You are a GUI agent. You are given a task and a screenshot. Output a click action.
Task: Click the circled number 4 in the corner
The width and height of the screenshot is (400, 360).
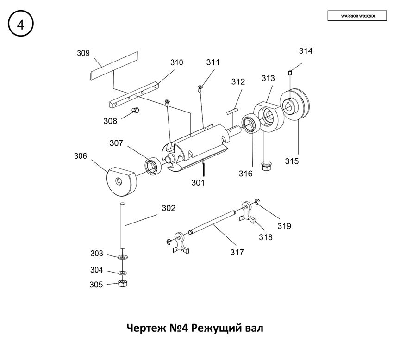tap(20, 25)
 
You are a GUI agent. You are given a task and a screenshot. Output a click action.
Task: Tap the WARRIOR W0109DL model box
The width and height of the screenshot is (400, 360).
tap(358, 16)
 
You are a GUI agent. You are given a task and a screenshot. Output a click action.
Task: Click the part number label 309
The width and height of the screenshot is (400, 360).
tap(83, 53)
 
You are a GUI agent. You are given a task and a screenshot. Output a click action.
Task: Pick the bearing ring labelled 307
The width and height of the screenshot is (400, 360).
tap(152, 166)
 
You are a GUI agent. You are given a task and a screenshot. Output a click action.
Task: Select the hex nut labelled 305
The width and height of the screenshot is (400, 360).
tap(123, 283)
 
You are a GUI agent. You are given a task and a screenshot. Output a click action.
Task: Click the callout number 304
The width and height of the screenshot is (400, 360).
tap(96, 270)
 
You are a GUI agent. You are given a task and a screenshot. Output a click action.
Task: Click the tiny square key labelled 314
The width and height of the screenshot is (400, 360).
tap(290, 71)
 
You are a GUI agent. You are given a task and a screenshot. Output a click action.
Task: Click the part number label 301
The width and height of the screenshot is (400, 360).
tap(198, 182)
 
